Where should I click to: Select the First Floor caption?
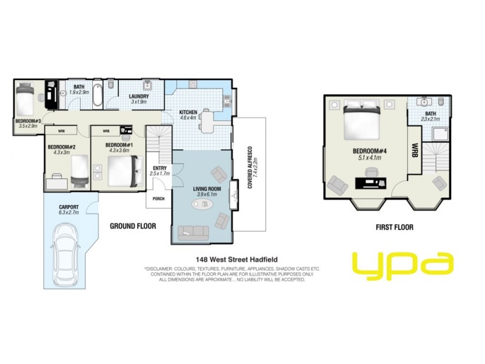click(x=395, y=227)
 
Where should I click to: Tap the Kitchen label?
click(x=189, y=112)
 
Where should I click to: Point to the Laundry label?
click(x=139, y=96)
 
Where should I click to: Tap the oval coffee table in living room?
click(x=203, y=204)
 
